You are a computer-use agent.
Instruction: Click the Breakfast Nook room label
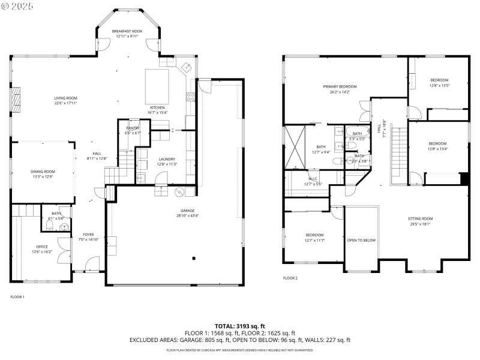[x=127, y=31]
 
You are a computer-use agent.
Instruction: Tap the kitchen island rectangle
[x=157, y=86]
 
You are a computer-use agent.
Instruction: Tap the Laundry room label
[x=166, y=159]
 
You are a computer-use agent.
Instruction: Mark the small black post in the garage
[x=194, y=259]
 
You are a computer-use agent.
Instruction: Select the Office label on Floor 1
[x=41, y=247]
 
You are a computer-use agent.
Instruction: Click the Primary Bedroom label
[x=339, y=87]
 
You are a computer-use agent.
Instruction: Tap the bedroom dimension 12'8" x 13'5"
[x=439, y=85]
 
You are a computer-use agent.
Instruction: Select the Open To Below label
[x=361, y=240]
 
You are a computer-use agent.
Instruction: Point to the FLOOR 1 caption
[x=17, y=297]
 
